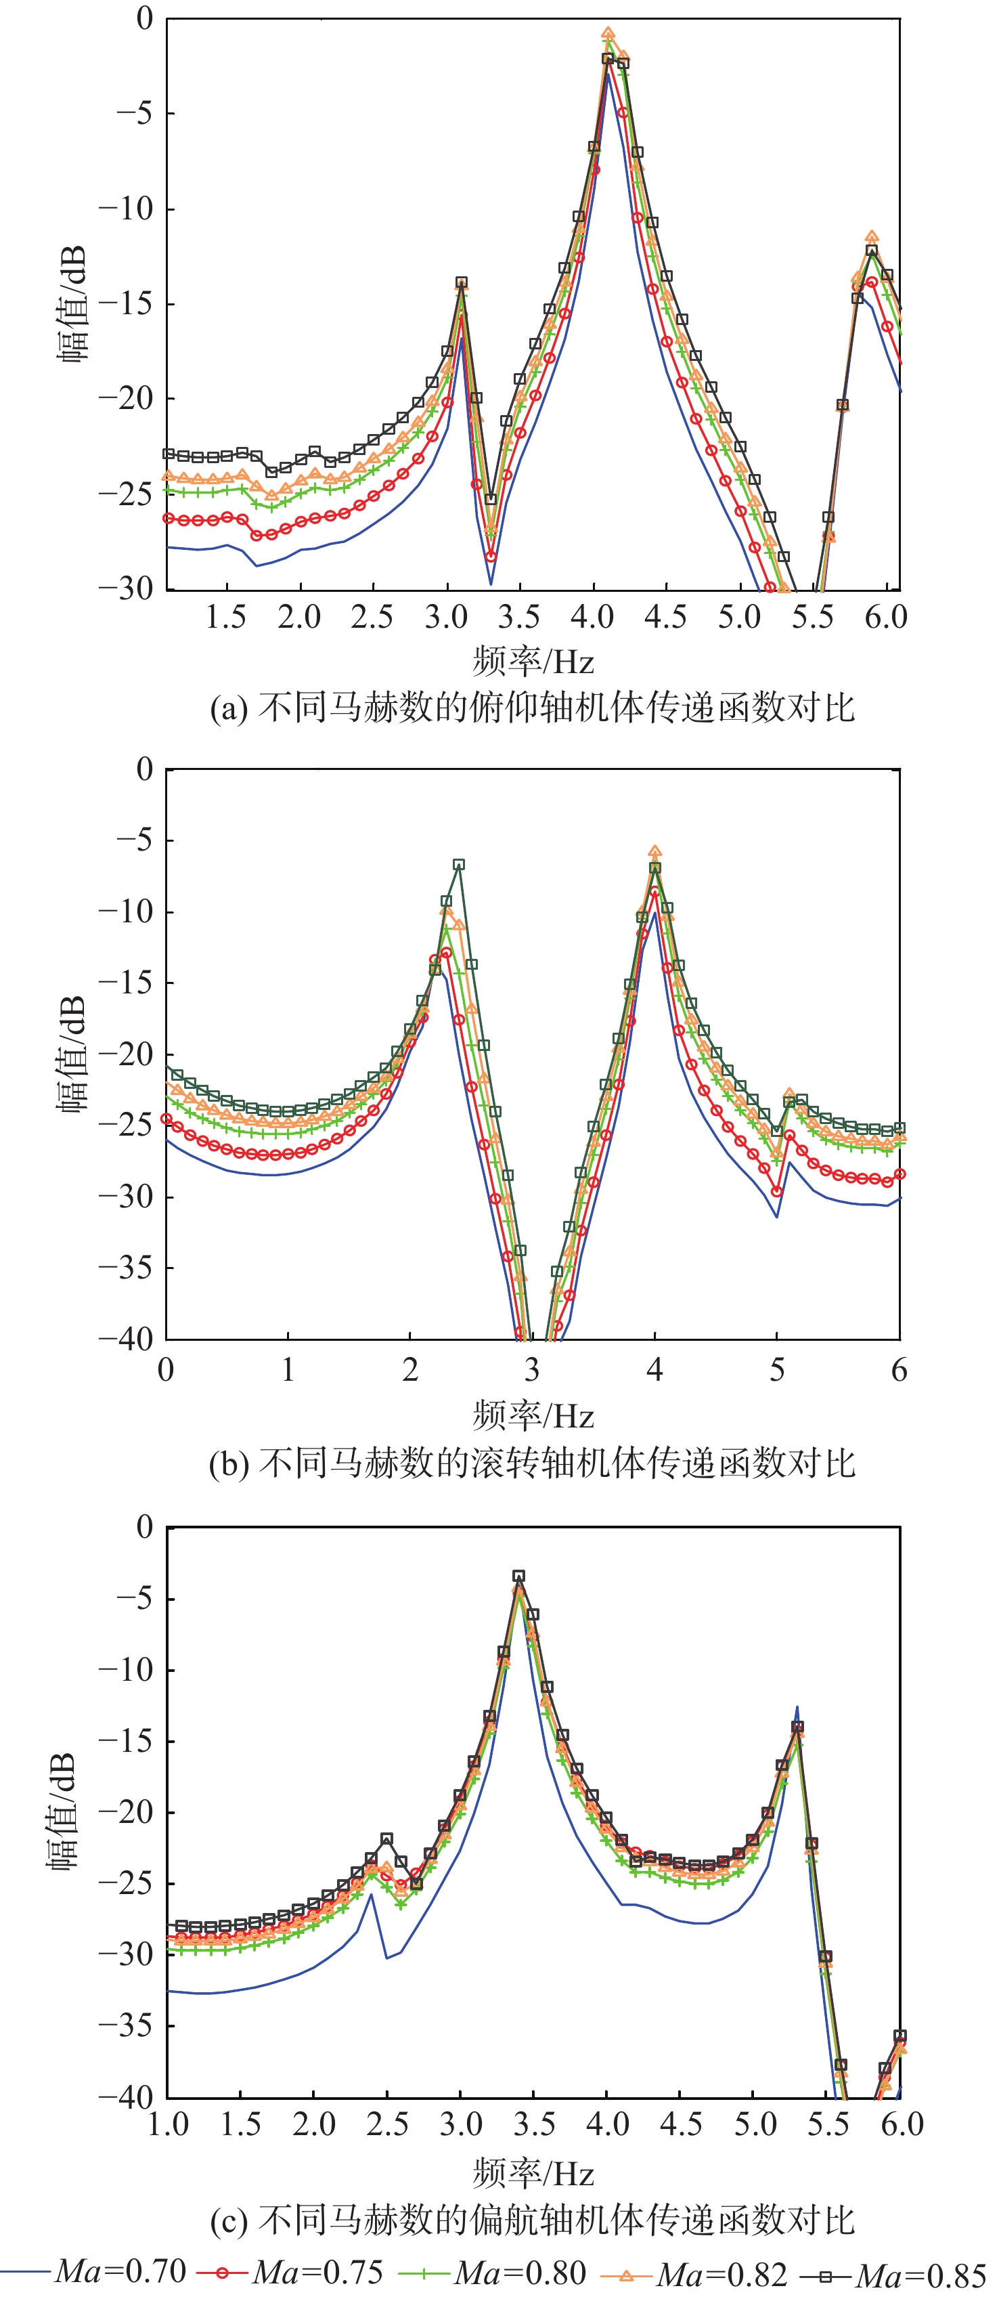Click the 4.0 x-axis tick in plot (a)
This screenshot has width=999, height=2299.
point(592,618)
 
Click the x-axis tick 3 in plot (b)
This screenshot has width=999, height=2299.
point(533,1370)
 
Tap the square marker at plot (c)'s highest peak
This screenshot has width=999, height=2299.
point(518,1576)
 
